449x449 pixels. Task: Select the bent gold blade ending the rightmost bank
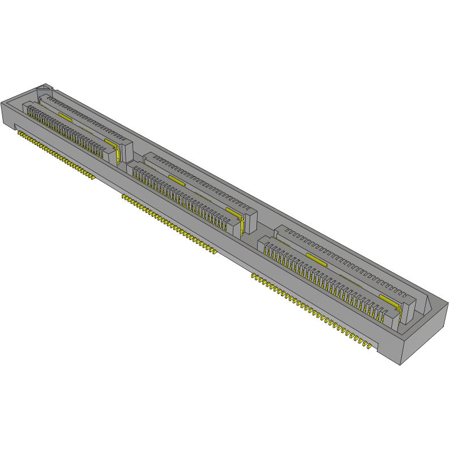click(396, 309)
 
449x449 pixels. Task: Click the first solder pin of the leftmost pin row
click(19, 134)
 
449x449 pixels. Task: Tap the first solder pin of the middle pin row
click(123, 196)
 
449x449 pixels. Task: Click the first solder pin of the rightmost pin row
click(254, 277)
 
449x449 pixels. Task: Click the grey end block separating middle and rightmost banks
click(251, 221)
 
